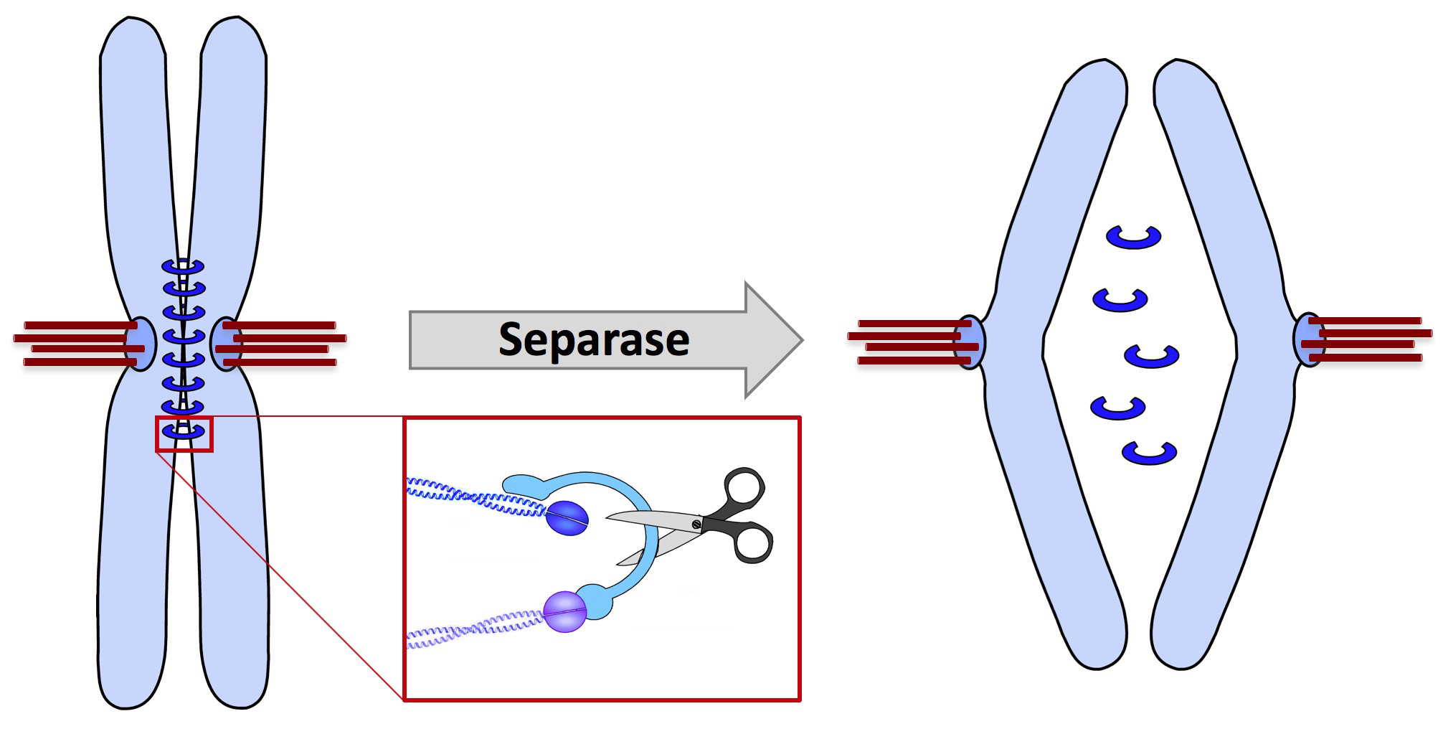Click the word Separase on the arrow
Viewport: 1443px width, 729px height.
[594, 339]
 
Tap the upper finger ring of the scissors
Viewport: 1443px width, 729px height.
[743, 489]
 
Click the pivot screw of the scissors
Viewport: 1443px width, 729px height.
[696, 525]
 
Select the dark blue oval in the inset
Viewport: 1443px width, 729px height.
[567, 518]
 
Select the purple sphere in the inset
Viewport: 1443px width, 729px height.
[565, 611]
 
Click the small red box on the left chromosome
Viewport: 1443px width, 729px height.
[184, 433]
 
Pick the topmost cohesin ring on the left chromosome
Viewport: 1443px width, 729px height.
[184, 265]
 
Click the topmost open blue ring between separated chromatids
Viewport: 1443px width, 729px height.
[1133, 237]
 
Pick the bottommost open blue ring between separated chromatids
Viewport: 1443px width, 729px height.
[1149, 453]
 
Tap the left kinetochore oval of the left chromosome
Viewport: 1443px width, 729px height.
[141, 344]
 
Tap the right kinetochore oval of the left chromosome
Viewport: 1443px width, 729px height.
[225, 344]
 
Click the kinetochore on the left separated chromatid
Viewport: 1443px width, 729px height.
[969, 342]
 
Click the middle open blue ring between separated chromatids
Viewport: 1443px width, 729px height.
[1151, 356]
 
